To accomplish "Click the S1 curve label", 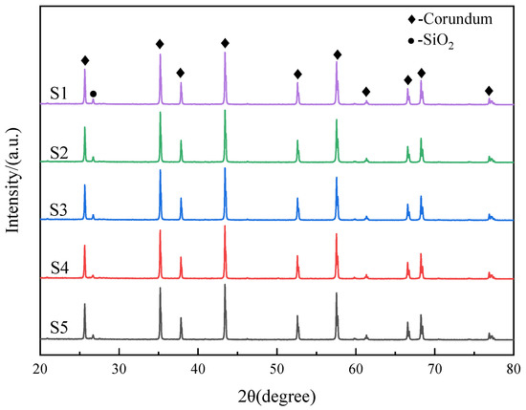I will tap(59, 94).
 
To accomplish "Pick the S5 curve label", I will tap(59, 331).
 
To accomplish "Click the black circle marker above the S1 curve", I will tap(93, 94).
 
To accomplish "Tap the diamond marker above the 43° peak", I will tap(225, 43).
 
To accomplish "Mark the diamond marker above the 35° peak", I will tap(160, 44).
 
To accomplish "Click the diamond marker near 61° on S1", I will tap(366, 92).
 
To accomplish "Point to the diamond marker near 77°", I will tap(490, 90).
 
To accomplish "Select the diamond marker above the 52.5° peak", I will tap(297, 75).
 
